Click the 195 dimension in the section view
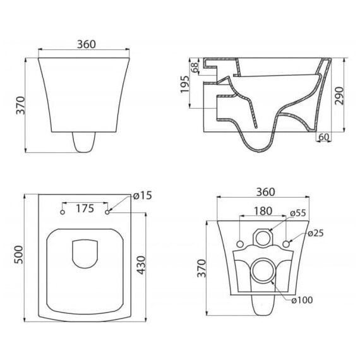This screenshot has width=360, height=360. (x=184, y=84)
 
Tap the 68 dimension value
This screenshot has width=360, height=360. (x=195, y=68)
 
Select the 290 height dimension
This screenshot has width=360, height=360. (x=339, y=96)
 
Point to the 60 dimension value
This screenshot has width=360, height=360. (x=324, y=137)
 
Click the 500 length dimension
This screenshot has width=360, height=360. (x=19, y=255)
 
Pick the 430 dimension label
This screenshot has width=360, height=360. (x=141, y=265)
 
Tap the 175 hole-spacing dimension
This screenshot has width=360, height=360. (x=85, y=208)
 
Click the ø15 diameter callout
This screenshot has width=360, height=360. (x=143, y=196)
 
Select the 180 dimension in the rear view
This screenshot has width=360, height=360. (x=263, y=211)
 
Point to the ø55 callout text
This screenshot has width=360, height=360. (x=298, y=213)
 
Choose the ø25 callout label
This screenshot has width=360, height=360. (x=316, y=234)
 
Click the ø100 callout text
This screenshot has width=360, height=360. (x=302, y=300)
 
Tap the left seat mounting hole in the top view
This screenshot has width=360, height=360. (x=63, y=212)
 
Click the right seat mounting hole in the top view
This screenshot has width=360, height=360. (x=107, y=212)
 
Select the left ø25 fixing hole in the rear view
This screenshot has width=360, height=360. (x=240, y=244)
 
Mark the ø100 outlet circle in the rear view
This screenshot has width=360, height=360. (x=263, y=258)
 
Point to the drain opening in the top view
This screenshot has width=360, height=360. (x=85, y=254)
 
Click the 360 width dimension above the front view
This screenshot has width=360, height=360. (x=87, y=44)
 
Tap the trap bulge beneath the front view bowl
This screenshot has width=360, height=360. (x=83, y=142)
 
